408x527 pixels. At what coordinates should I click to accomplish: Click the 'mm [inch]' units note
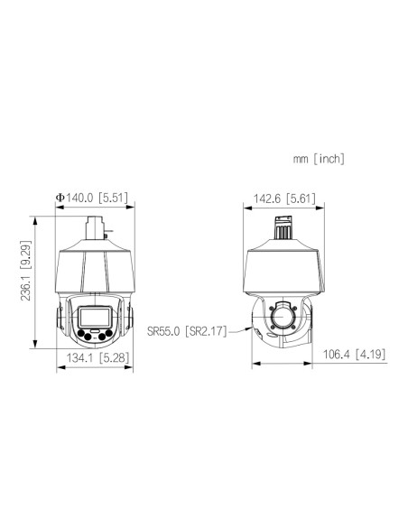point(319,159)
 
